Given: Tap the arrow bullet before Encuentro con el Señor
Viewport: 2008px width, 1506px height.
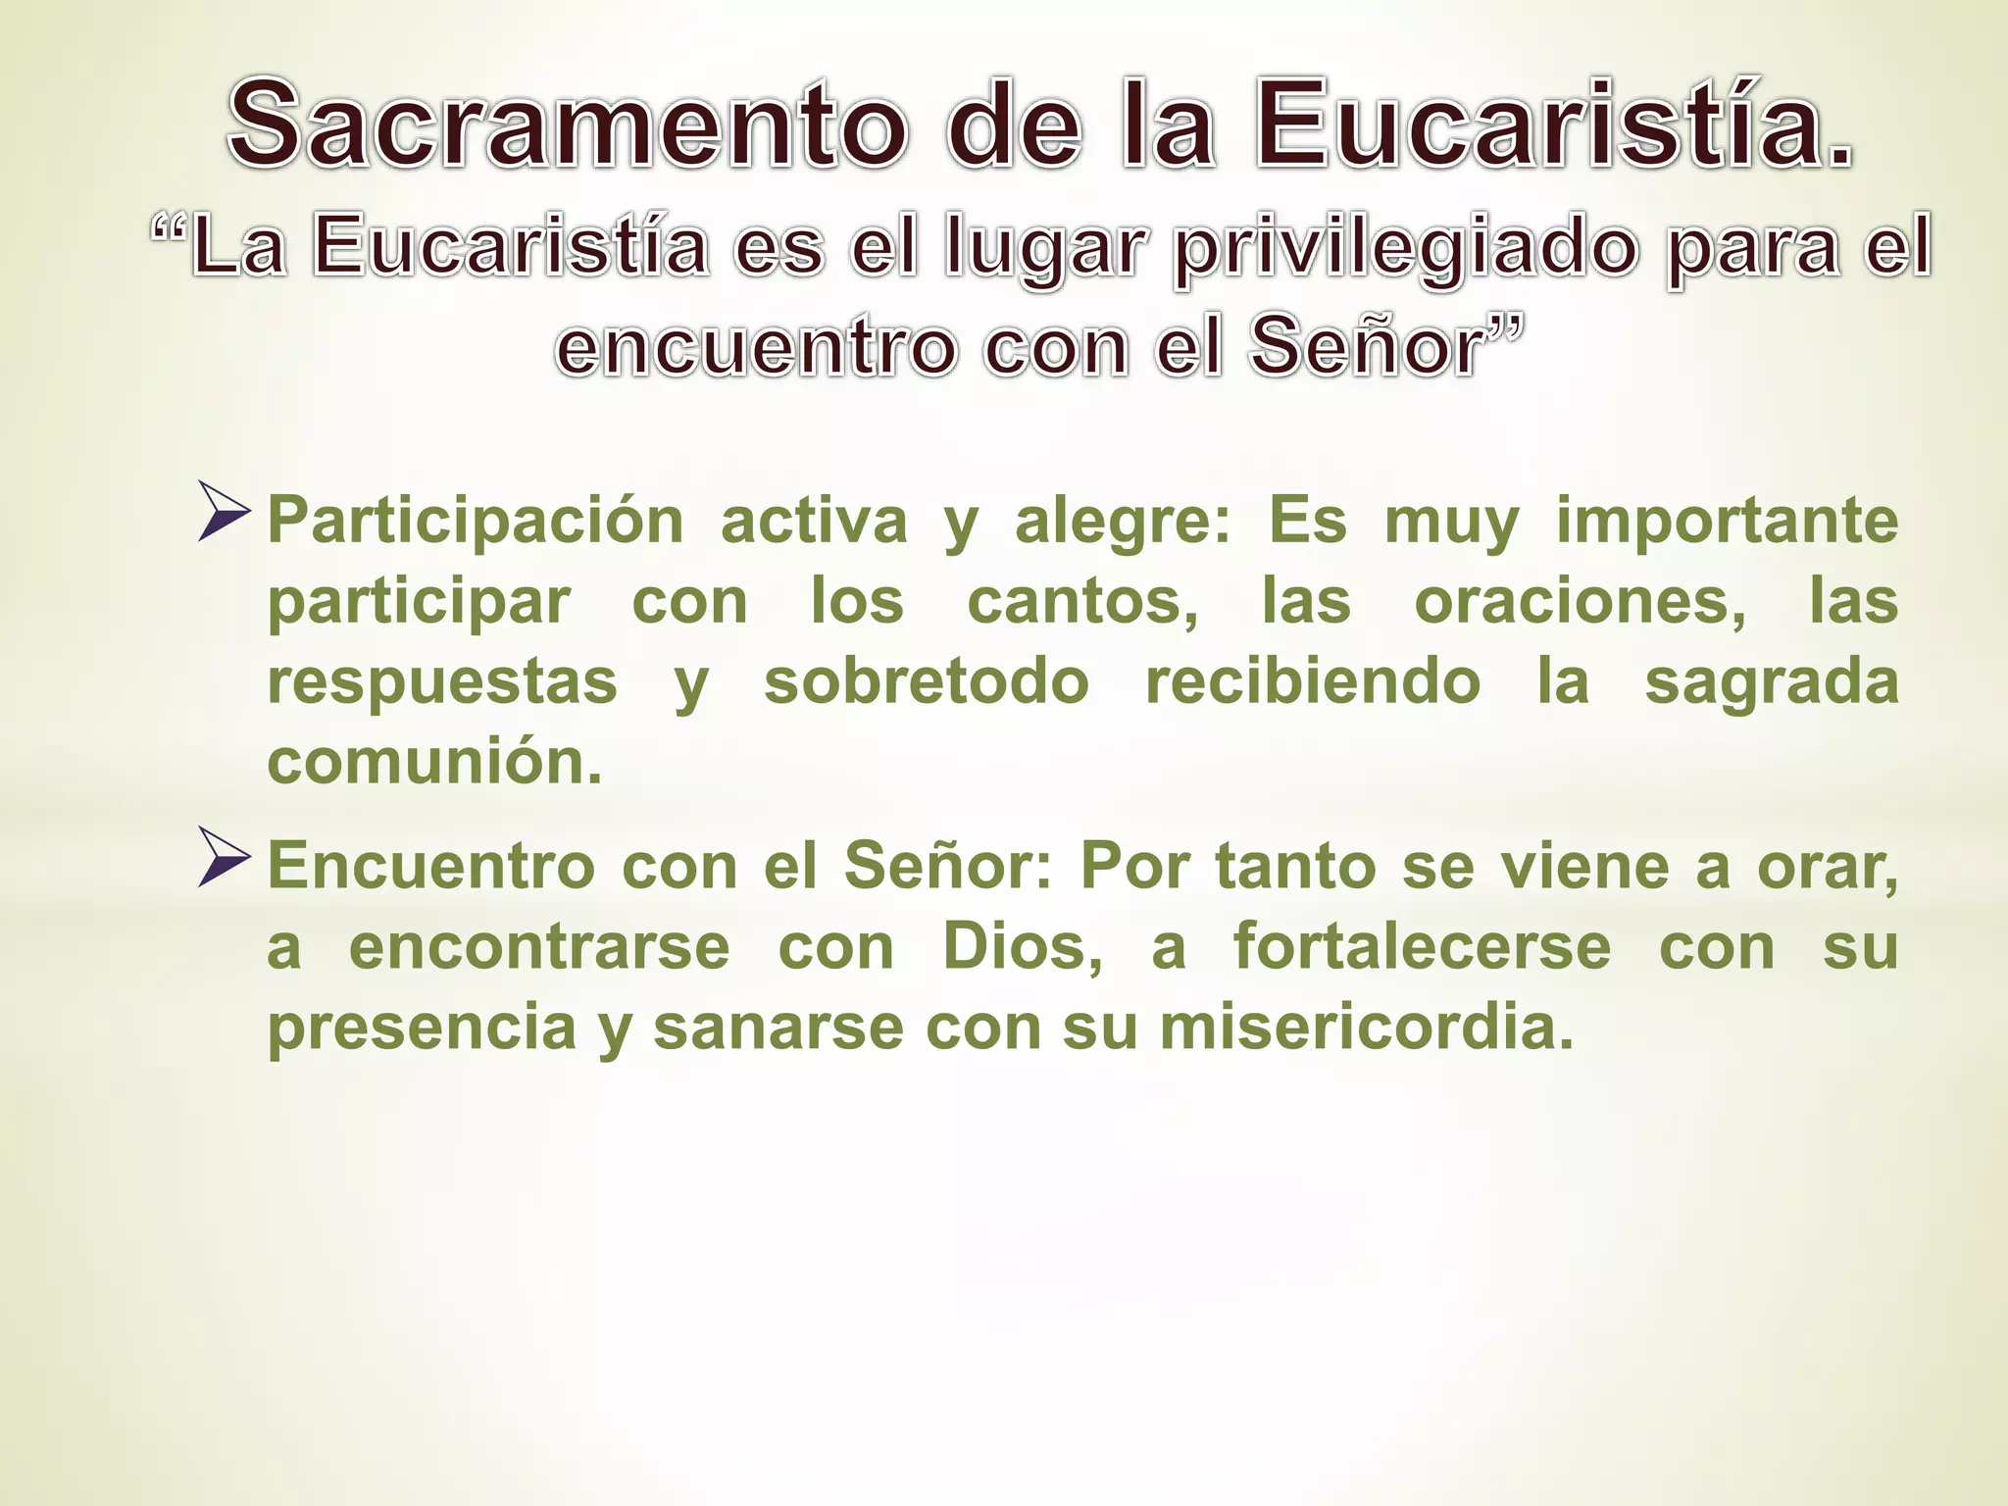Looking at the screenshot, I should click(x=224, y=858).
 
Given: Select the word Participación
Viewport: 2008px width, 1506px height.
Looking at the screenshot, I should click(x=476, y=522).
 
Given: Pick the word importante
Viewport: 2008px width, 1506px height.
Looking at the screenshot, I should click(x=1727, y=520).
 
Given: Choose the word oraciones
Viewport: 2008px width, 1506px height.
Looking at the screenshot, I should click(x=1580, y=601).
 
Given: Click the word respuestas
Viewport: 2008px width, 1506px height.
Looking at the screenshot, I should click(x=442, y=682).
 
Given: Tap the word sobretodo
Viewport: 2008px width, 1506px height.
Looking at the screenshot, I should click(x=927, y=681).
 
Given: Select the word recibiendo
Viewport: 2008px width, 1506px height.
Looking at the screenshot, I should click(x=1313, y=681).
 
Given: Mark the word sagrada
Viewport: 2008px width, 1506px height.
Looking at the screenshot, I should click(x=1771, y=682).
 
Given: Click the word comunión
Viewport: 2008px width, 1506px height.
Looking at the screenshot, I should click(x=434, y=762).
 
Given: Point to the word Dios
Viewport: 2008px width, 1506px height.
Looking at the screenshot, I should click(x=1021, y=947).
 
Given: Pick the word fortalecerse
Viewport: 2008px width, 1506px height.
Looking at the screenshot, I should click(x=1422, y=947).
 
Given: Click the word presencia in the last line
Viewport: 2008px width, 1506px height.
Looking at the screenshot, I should click(x=423, y=1029).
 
